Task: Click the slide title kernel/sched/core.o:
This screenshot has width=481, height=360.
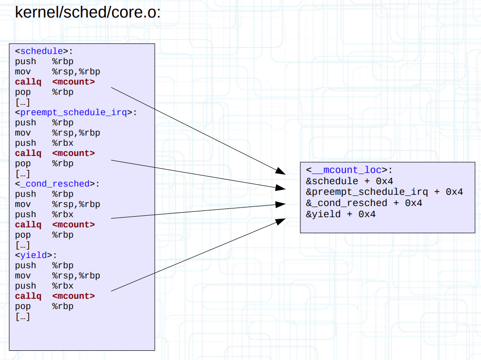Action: tap(88, 12)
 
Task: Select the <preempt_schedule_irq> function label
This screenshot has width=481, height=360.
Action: tap(76, 112)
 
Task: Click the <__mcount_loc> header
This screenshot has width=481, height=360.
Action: tap(349, 171)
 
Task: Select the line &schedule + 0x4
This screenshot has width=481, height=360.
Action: tap(349, 181)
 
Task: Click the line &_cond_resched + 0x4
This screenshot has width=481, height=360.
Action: tap(364, 203)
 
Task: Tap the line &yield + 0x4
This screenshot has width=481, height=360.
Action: tap(341, 214)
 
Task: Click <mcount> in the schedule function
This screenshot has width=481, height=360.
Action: tap(73, 82)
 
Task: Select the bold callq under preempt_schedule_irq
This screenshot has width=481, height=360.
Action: tap(28, 153)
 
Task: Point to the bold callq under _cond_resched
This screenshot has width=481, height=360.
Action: tap(28, 224)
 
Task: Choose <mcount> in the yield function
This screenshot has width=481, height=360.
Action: tap(73, 296)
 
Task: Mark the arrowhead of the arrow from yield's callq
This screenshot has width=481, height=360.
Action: tap(281, 222)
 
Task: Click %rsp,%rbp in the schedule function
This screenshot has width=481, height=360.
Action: tap(76, 71)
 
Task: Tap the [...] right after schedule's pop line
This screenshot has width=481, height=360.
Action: tap(23, 102)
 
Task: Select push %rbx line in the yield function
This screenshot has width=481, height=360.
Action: tap(44, 286)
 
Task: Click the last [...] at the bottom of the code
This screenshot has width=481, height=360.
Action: tap(23, 317)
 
